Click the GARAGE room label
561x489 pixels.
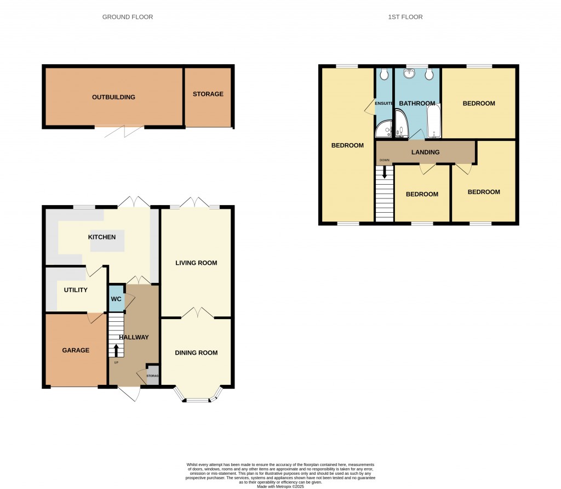(76, 350)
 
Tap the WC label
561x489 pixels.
(116, 299)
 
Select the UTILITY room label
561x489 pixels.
(76, 290)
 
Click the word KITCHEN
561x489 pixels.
(102, 237)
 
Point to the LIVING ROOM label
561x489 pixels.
(196, 263)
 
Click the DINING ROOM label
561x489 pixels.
(196, 353)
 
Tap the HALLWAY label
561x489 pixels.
(134, 338)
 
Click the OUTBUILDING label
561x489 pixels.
(113, 98)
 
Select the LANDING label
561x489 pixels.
(425, 152)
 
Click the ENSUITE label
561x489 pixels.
(383, 103)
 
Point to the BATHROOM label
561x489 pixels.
(417, 104)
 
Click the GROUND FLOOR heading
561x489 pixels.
(128, 17)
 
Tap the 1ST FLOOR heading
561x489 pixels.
(405, 17)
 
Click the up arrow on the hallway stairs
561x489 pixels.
(116, 349)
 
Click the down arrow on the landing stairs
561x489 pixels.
(385, 172)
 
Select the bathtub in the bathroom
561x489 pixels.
(433, 121)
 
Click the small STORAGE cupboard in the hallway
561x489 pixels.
(152, 376)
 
